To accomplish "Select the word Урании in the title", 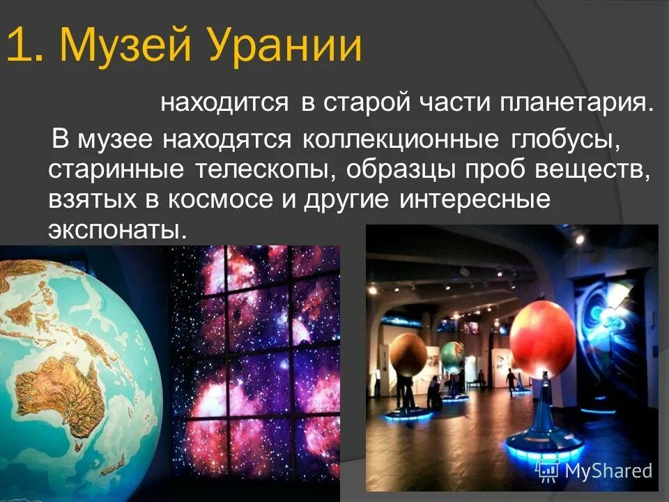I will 286,45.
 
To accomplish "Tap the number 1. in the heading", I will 27,45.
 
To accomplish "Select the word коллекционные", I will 401,138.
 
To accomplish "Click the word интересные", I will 475,199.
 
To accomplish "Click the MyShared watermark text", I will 599,471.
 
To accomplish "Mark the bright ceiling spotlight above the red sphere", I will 578,238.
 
